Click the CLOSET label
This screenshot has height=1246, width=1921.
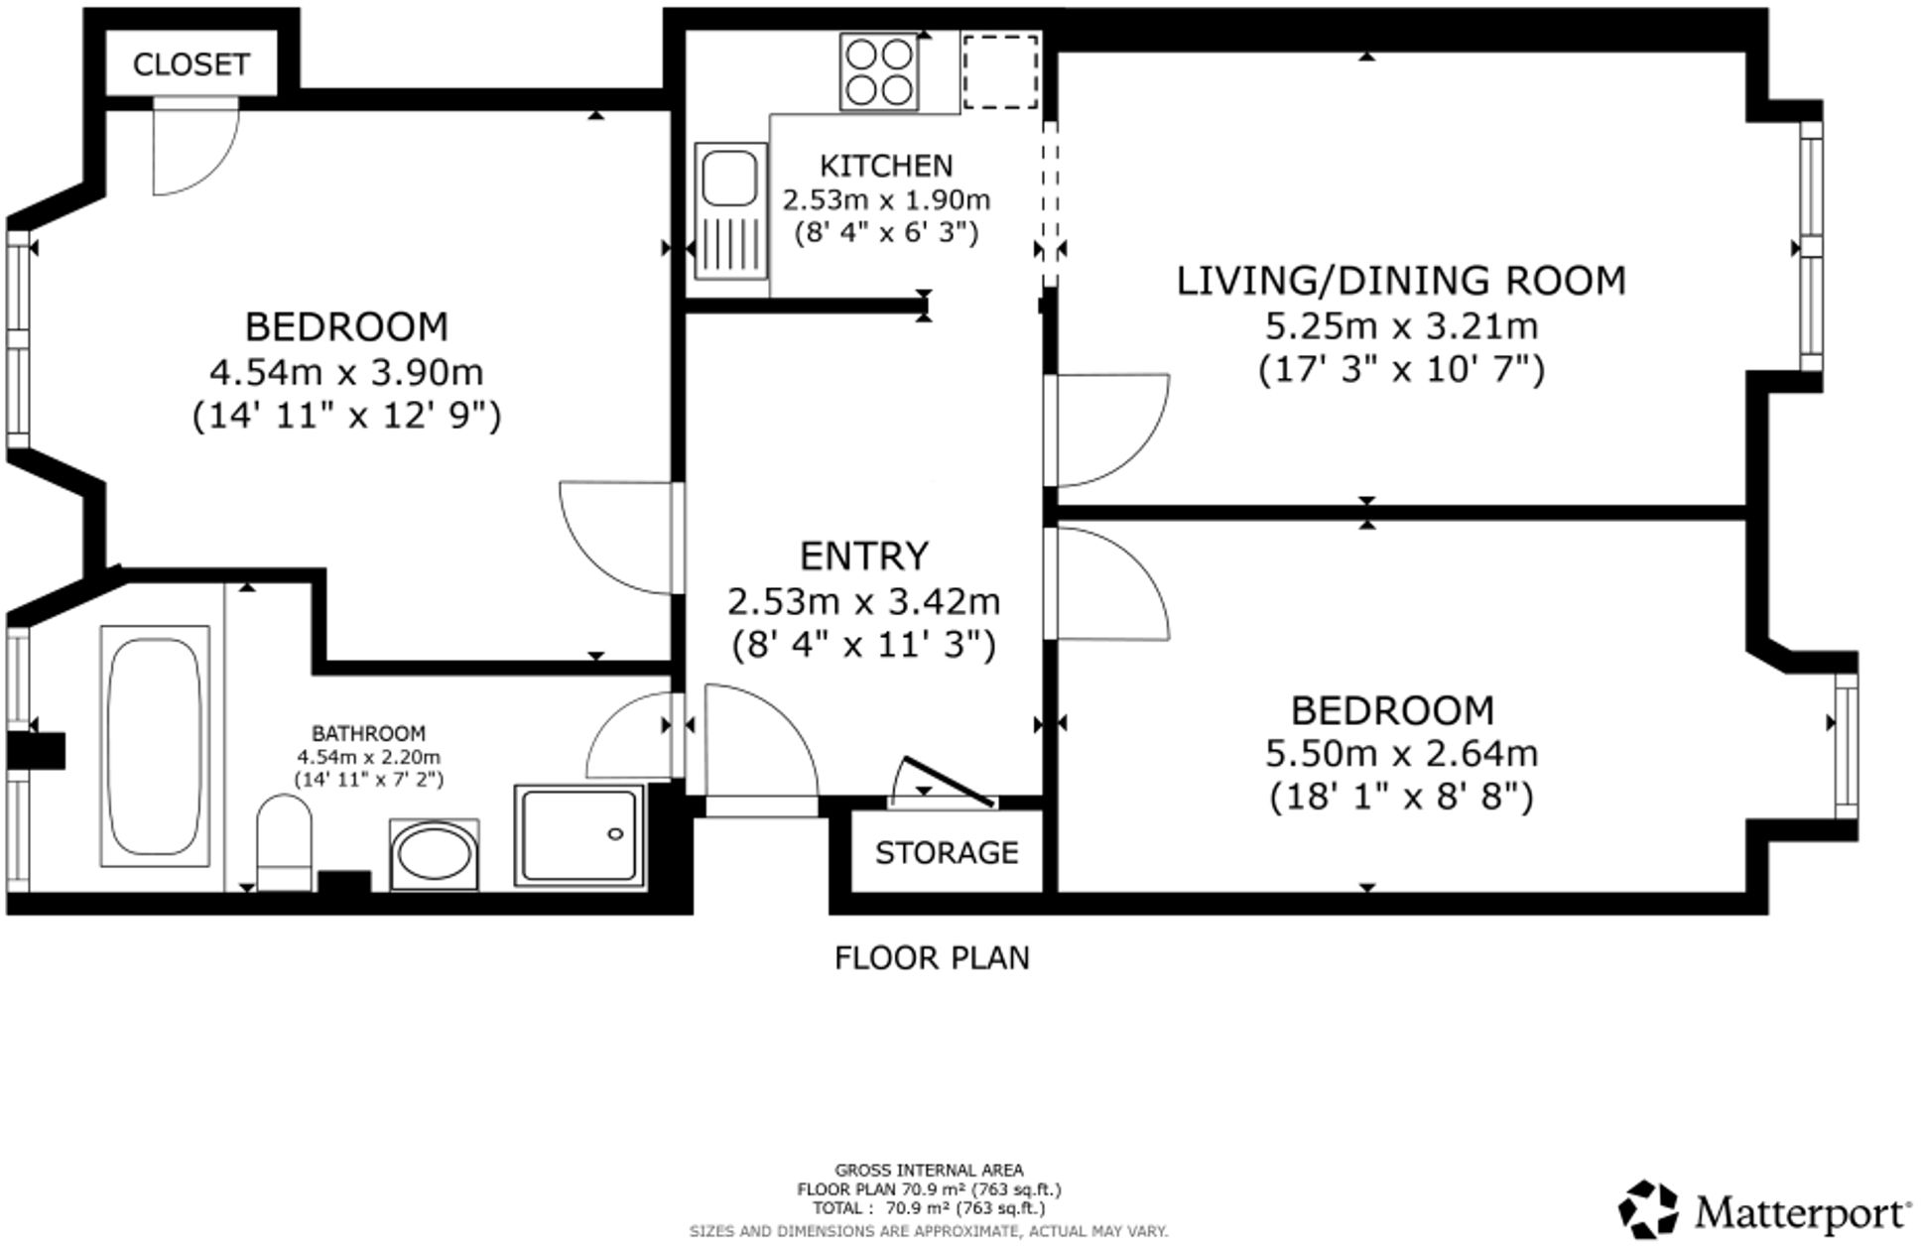click(x=191, y=64)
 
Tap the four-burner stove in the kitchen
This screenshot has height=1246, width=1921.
click(x=878, y=71)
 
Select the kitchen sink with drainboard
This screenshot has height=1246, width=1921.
click(x=730, y=210)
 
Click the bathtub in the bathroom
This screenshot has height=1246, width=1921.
click(x=155, y=746)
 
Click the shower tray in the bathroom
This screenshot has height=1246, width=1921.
click(x=578, y=834)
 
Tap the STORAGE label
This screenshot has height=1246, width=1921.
click(x=946, y=853)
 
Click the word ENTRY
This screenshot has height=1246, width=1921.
click(x=863, y=557)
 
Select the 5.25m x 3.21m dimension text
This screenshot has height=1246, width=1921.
click(x=1400, y=325)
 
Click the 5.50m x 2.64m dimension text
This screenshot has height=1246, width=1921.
click(x=1400, y=754)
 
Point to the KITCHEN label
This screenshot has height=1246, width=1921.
click(x=885, y=165)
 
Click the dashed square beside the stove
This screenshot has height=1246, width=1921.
click(x=1000, y=70)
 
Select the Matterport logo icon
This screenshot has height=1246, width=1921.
click(x=1648, y=1208)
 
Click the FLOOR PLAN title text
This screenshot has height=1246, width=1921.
click(x=931, y=958)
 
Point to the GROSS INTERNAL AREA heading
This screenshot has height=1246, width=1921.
click(x=929, y=1171)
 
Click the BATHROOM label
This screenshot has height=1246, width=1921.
click(x=368, y=733)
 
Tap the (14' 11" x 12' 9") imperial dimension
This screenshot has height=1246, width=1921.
click(x=346, y=416)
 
